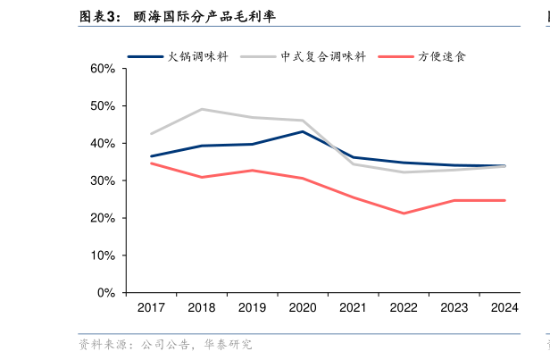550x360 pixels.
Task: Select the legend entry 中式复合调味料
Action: point(323,56)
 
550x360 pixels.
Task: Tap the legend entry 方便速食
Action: point(442,56)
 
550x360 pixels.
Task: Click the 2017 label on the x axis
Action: point(151,308)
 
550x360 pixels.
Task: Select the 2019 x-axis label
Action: point(252,308)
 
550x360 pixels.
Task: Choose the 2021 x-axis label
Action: point(353,308)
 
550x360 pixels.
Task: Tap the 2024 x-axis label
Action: point(504,308)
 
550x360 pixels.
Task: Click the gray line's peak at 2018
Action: point(202,109)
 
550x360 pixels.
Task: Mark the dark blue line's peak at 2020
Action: point(303,131)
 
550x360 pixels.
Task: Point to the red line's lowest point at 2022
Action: point(404,213)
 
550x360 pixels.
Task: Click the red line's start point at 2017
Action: point(151,163)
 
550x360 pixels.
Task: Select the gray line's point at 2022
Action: point(404,172)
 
